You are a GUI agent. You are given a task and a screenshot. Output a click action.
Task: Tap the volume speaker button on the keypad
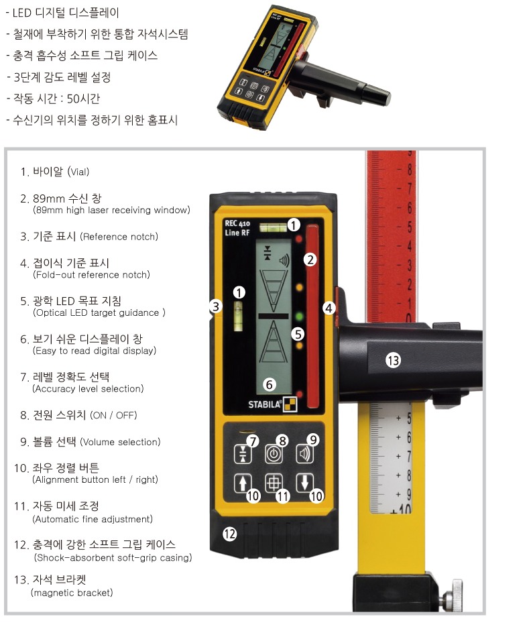point(304,454)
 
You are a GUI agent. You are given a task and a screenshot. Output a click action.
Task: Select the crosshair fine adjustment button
point(274,483)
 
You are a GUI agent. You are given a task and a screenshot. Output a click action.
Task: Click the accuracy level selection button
point(243,454)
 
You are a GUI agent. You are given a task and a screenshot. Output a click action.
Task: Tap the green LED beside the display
point(299,315)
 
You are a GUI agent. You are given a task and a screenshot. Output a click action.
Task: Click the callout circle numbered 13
point(393,360)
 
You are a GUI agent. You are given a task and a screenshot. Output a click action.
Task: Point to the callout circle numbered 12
point(230,534)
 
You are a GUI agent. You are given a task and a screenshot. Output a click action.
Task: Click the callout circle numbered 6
point(269,385)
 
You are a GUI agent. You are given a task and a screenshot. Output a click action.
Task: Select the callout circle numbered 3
point(216,306)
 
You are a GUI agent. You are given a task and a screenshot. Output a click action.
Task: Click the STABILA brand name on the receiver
point(264,404)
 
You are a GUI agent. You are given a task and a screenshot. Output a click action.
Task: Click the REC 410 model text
point(237,223)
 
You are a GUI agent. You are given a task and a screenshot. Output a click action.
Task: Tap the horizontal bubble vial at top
point(273,227)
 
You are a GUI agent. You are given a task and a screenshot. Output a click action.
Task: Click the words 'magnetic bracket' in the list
point(72,592)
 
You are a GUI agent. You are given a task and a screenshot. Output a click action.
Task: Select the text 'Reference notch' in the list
point(119,237)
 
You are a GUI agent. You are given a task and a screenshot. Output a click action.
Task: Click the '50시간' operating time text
point(83,99)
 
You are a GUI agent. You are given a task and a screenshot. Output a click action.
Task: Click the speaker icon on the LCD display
point(284,261)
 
